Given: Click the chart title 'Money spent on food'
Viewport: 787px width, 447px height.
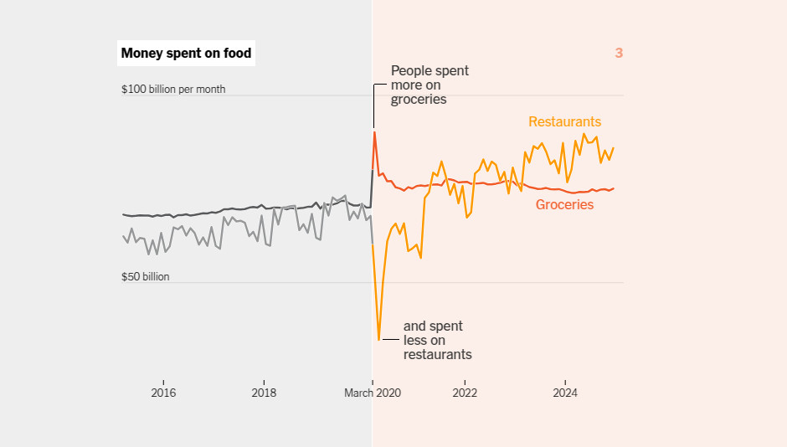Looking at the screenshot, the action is point(186,54).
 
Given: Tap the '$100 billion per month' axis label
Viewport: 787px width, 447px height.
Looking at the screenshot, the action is point(173,90).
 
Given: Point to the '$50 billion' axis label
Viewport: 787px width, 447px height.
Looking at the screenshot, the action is point(145,277).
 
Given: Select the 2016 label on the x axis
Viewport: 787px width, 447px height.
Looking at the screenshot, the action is point(163,393).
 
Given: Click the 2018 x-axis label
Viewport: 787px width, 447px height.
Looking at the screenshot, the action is point(264,393).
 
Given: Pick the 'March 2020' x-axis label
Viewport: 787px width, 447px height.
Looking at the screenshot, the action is point(373,393).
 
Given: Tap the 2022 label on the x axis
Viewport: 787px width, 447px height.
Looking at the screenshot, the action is point(465,393).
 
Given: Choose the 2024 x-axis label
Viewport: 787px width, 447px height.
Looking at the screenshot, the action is point(565,393).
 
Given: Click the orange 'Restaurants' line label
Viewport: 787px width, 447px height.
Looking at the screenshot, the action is point(564,122).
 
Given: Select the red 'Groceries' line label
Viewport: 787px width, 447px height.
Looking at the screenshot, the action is point(564,205).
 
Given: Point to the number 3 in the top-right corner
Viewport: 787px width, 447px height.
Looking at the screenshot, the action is point(619,54).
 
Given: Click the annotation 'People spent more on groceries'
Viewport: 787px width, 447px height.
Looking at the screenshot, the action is point(430,85).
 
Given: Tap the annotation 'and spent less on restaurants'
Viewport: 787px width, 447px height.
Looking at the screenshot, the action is point(438,340).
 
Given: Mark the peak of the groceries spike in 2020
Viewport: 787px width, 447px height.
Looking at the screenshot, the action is point(374,132).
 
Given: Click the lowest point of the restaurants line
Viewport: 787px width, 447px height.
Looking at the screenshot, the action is point(379,340).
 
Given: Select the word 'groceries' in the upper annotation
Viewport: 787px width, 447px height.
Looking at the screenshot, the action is point(419,100).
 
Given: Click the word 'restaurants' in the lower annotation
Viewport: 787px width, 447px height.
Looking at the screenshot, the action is point(438,355).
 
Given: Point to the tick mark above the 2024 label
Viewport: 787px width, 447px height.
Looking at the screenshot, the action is point(565,383).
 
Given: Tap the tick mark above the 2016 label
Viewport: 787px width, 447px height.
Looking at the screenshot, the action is point(163,383).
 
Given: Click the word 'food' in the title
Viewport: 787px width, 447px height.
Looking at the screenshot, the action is point(238,54).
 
